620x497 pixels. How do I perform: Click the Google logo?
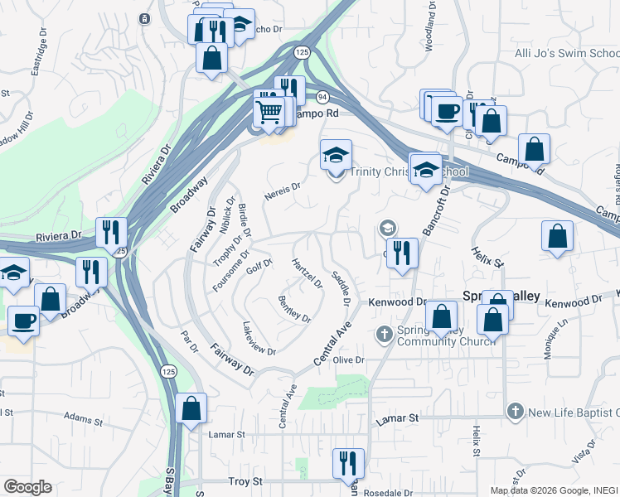click(27, 487)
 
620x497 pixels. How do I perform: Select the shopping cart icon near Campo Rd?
click(269, 112)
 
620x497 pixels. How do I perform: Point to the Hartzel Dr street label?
click(308, 273)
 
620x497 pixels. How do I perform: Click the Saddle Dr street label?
click(341, 287)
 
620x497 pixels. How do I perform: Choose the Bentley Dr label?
click(294, 309)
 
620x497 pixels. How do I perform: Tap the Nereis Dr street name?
click(281, 191)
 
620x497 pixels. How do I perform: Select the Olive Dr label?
click(348, 359)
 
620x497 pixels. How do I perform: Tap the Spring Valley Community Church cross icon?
click(384, 334)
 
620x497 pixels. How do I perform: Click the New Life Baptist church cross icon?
click(515, 412)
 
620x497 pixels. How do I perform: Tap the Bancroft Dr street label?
click(436, 212)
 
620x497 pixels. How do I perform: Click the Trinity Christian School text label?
click(408, 172)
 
